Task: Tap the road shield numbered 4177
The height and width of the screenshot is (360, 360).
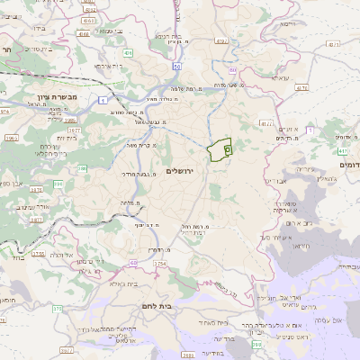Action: [265, 123]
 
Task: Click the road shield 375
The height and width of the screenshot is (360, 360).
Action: [56, 310]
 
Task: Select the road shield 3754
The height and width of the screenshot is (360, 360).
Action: [160, 263]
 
